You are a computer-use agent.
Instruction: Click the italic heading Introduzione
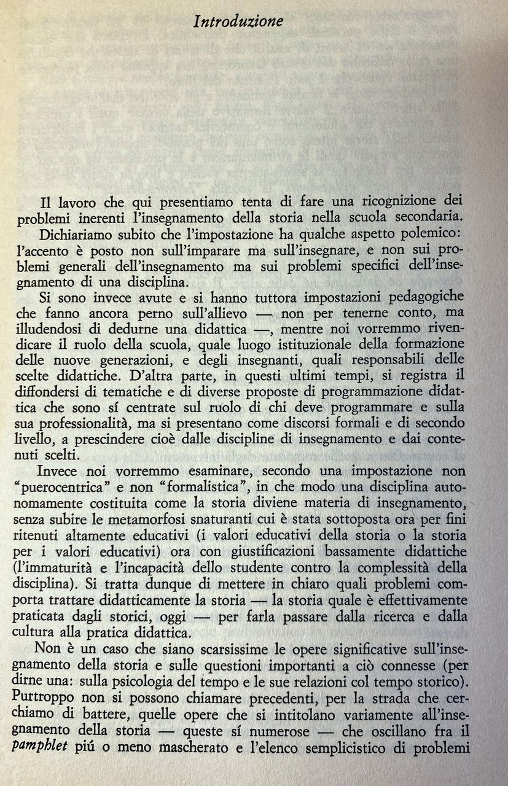[238, 21]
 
